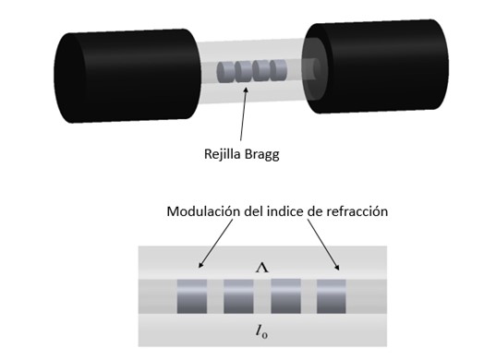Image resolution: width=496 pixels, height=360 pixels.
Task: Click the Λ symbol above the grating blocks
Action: click(x=262, y=267)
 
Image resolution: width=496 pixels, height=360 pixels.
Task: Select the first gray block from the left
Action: click(x=192, y=295)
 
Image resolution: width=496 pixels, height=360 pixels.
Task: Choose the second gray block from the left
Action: click(x=238, y=295)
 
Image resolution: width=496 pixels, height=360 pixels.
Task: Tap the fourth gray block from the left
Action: click(x=331, y=295)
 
